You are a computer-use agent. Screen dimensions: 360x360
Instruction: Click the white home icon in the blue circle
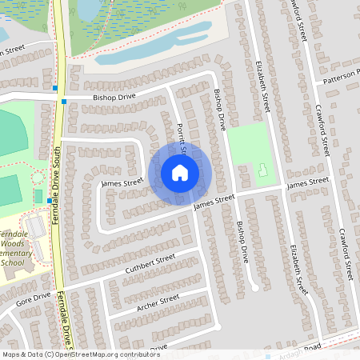pyautogui.click(x=180, y=173)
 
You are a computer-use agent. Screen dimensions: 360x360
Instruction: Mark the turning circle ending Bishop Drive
pyautogui.click(x=254, y=286)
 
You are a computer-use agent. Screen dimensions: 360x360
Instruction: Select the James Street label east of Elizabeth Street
pyautogui.click(x=308, y=183)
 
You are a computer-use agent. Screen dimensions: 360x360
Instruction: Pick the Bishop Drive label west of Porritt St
pyautogui.click(x=114, y=97)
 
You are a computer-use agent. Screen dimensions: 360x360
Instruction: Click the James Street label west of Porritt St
pyautogui.click(x=122, y=183)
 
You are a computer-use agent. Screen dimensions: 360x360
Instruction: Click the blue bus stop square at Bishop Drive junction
pyautogui.click(x=64, y=101)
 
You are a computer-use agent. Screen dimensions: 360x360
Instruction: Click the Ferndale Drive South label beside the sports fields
pyautogui.click(x=58, y=184)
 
